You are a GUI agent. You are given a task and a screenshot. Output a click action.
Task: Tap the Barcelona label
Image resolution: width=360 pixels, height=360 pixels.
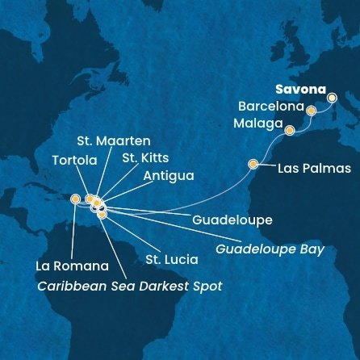(x=270, y=107)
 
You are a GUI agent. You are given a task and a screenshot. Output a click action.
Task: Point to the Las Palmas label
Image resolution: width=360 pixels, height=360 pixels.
(x=314, y=169)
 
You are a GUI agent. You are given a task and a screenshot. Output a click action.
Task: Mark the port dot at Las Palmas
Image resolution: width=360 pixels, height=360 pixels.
(x=253, y=165)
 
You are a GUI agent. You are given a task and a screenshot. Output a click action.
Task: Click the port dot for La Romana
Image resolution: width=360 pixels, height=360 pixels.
(x=75, y=199)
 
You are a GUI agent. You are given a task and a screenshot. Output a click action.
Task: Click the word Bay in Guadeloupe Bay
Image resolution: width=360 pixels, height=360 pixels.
(x=312, y=249)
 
